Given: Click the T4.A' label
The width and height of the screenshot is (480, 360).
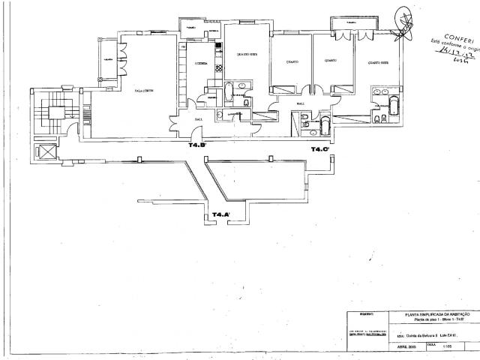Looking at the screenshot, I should pyautogui.click(x=221, y=214).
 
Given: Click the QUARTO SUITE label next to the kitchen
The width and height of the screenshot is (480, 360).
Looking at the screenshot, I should pyautogui.click(x=247, y=54).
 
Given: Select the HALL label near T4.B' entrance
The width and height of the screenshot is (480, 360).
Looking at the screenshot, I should pyautogui.click(x=199, y=118).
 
